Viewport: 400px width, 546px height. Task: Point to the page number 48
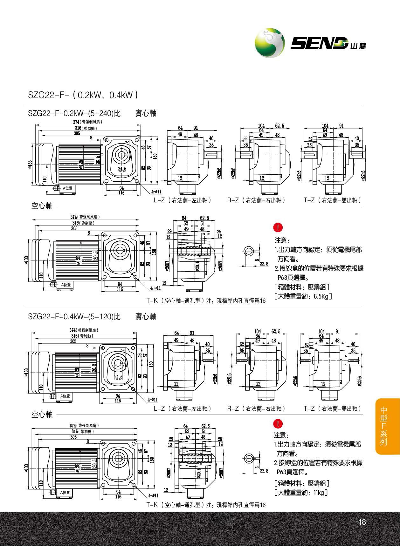(x=362, y=522)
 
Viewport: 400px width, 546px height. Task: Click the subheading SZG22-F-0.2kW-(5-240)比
(x=74, y=113)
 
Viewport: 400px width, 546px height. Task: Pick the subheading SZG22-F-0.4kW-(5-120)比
(x=74, y=316)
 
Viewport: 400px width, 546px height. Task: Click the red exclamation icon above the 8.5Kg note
(x=278, y=227)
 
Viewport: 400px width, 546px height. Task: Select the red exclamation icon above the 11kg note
(x=278, y=424)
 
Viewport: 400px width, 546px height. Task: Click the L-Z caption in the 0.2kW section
(x=183, y=200)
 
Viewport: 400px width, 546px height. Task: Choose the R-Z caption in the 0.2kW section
(x=256, y=200)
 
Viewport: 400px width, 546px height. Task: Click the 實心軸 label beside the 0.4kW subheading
(x=146, y=316)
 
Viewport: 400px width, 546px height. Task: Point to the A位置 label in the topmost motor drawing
(x=67, y=188)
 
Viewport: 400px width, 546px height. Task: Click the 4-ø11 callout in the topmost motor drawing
(x=156, y=192)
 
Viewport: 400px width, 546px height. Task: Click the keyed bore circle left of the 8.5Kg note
(x=248, y=252)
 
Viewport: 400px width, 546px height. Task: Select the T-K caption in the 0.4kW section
(x=206, y=505)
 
